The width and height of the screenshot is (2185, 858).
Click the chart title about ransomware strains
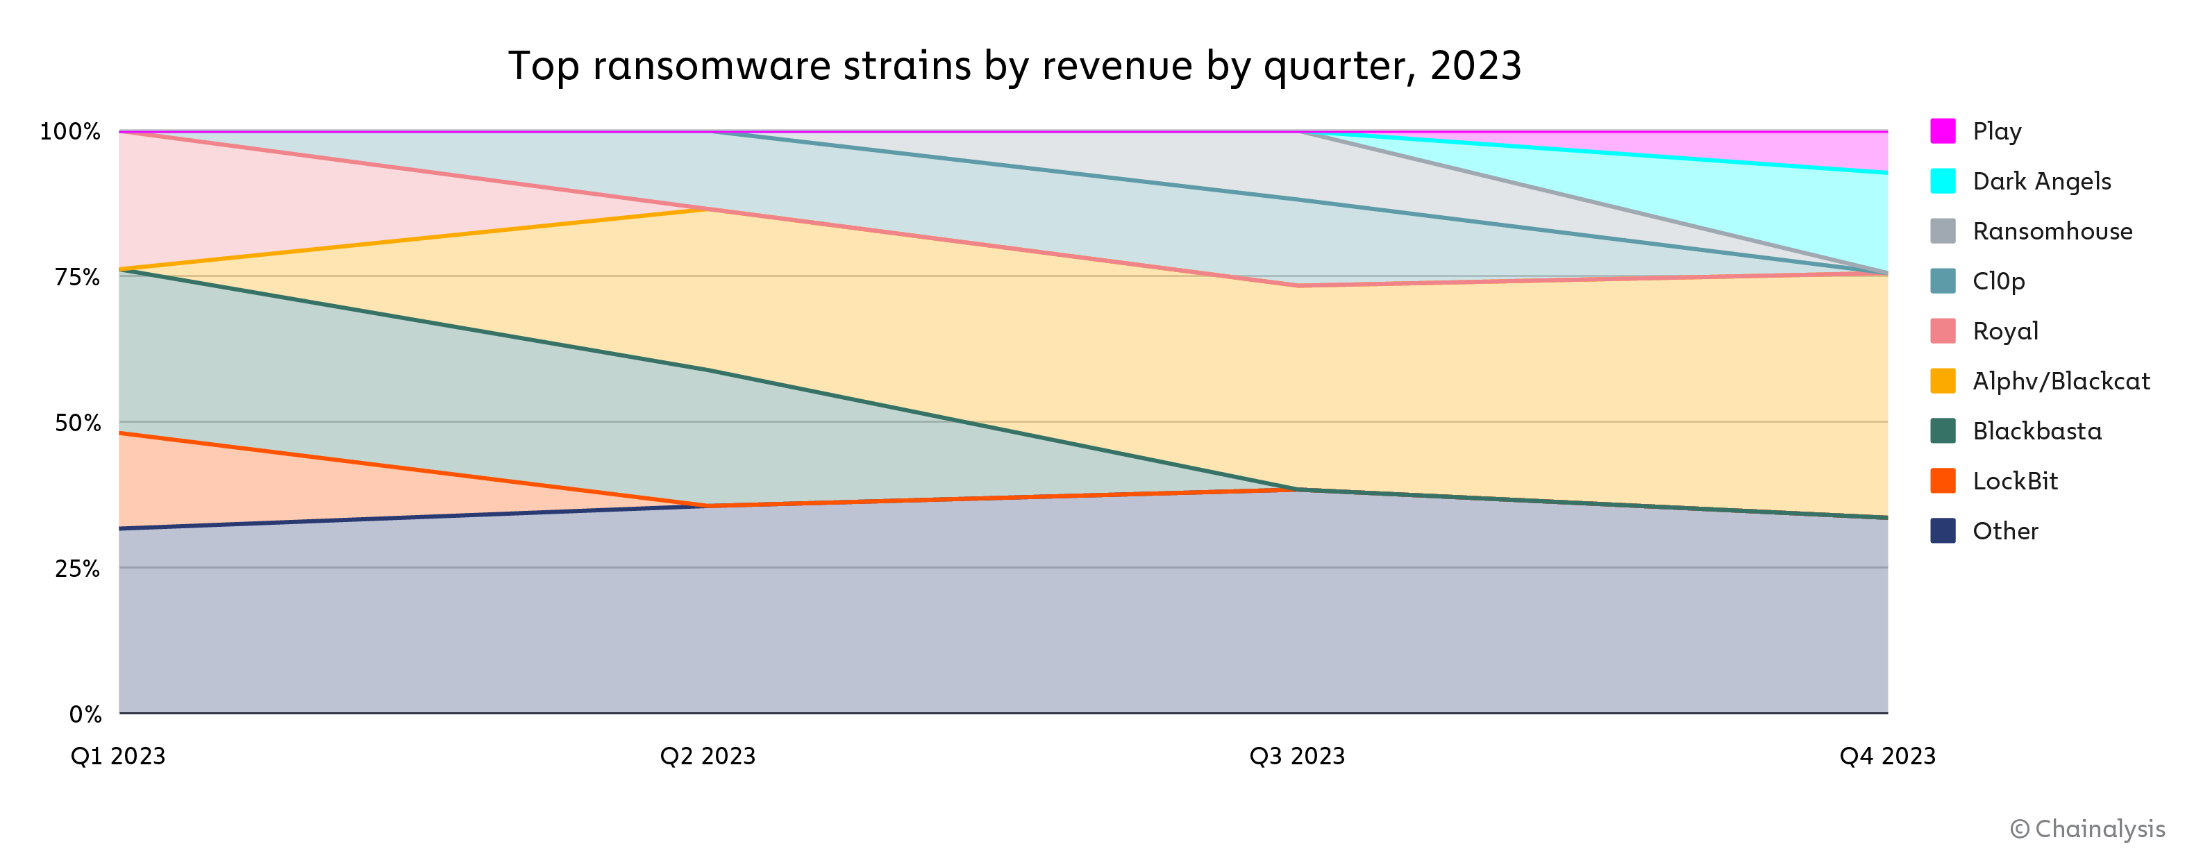coord(1014,66)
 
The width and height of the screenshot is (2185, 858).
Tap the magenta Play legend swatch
coord(1943,131)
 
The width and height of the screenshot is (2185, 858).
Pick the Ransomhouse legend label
coord(2052,231)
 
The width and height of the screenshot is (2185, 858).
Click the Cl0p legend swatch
coord(1943,280)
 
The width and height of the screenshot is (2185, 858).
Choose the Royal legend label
coord(2005,330)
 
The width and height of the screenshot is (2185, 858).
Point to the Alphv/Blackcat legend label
coord(2061,380)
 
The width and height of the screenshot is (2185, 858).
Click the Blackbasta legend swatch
coord(1943,430)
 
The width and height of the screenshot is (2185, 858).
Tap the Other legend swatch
coord(1943,531)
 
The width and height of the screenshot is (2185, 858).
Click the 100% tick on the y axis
coord(70,131)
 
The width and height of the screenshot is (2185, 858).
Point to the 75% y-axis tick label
coord(77,277)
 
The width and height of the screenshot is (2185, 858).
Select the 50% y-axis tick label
coord(77,423)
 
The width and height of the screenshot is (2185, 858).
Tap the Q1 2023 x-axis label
coord(118,755)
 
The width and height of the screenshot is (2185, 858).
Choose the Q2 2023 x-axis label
coord(708,755)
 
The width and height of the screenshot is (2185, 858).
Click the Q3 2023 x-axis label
coord(1297,755)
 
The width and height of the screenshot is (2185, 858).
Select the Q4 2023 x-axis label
coord(1887,755)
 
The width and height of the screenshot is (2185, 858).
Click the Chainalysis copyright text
coord(2088,828)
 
